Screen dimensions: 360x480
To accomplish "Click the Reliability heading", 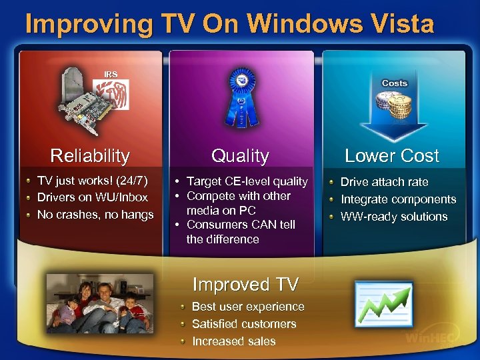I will point(90,156).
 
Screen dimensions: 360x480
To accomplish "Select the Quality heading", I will point(240,156).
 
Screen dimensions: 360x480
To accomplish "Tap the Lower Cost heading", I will point(392,156).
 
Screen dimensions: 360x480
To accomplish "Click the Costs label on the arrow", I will point(394,83).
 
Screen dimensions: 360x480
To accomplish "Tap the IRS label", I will point(111,74).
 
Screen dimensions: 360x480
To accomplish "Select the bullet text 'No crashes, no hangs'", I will point(95,215).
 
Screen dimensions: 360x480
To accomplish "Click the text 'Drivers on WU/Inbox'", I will point(93,198).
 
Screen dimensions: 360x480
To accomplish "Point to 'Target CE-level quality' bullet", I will point(247,181).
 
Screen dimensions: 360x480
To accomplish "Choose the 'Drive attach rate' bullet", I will point(385,182).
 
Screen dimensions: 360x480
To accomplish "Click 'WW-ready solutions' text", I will point(394,217).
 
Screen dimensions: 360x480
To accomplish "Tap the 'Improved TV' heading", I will point(245,285).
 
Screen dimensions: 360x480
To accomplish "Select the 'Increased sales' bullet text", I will point(233,341).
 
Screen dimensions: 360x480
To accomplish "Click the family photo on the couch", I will point(99,303).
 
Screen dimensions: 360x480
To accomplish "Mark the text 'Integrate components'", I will point(399,199).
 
